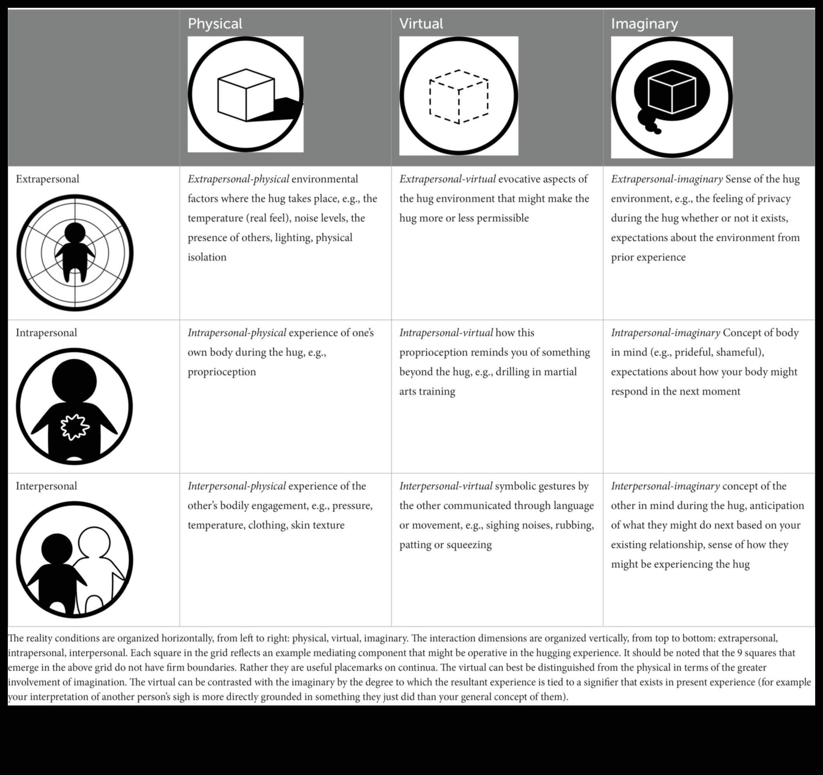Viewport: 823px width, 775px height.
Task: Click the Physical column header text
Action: [x=215, y=23]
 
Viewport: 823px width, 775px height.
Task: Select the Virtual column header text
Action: [x=421, y=23]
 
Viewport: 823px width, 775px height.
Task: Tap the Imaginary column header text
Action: [x=644, y=23]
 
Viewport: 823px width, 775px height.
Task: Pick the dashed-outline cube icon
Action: [x=459, y=96]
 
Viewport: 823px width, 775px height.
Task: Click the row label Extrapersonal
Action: [x=47, y=179]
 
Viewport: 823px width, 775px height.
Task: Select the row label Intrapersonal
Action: [x=46, y=332]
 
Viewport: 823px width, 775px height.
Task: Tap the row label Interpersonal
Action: [x=46, y=486]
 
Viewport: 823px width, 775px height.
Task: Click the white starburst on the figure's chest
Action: [x=75, y=427]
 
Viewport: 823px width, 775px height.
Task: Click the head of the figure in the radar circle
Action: [x=75, y=234]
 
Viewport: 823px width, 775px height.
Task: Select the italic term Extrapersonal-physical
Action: [x=238, y=179]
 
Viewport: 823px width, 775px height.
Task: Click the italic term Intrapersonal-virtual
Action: [x=446, y=332]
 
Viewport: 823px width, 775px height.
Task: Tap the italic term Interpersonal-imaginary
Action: [x=665, y=486]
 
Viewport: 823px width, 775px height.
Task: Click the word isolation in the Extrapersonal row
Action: [x=207, y=257]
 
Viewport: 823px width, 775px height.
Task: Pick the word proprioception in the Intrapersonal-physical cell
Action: [x=221, y=372]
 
